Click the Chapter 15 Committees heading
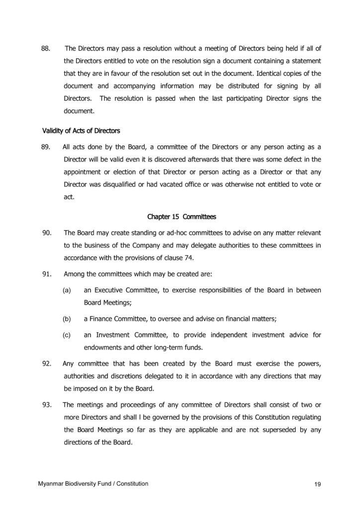coord(181,217)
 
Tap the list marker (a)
coord(67,290)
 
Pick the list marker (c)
coord(67,335)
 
